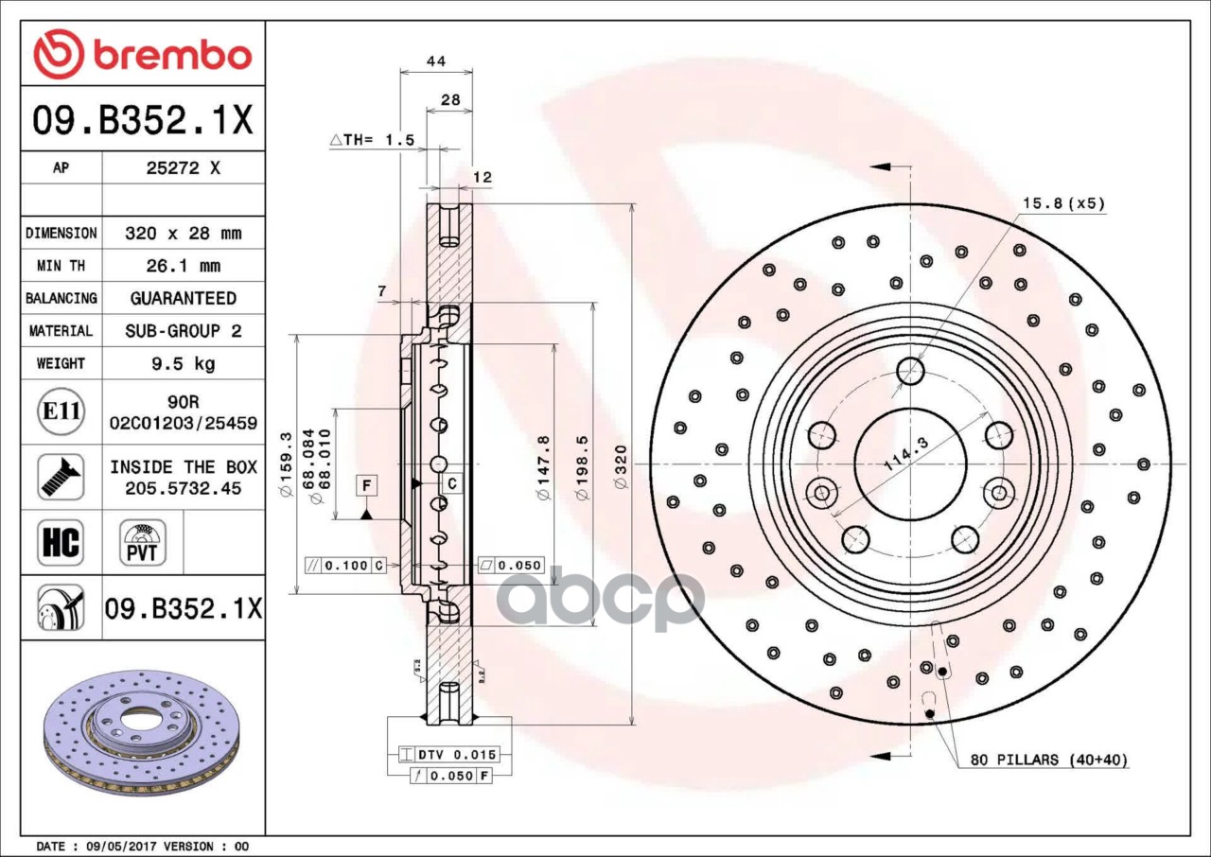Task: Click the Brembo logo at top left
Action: (142, 54)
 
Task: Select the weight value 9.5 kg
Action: (183, 363)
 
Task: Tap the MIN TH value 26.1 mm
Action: (183, 266)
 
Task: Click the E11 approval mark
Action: (61, 412)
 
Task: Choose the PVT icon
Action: (142, 542)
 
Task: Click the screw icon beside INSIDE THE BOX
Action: (61, 477)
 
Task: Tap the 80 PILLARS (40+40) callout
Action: (1048, 760)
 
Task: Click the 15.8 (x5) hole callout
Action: (1063, 203)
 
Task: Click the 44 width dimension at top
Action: (435, 61)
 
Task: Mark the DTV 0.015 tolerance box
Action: (455, 754)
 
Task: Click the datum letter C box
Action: (452, 483)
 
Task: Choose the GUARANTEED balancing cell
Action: (183, 298)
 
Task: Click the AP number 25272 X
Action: (183, 168)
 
